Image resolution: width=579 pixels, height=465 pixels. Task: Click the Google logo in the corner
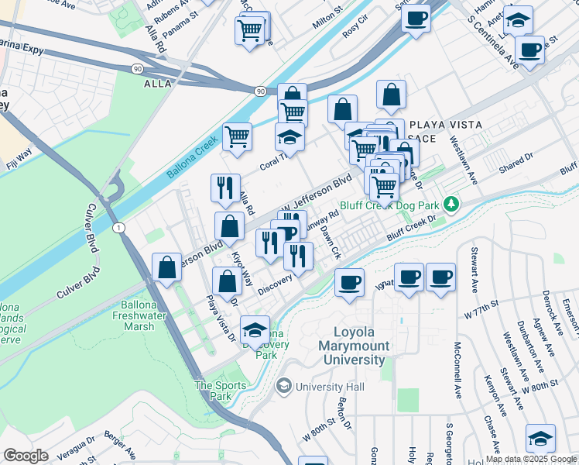pos(26,456)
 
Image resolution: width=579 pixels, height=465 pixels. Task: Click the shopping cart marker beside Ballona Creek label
pos(238,137)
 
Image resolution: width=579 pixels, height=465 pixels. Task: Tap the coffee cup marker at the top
pos(416,19)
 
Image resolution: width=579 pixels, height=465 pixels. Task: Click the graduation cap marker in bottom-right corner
pos(540,438)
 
